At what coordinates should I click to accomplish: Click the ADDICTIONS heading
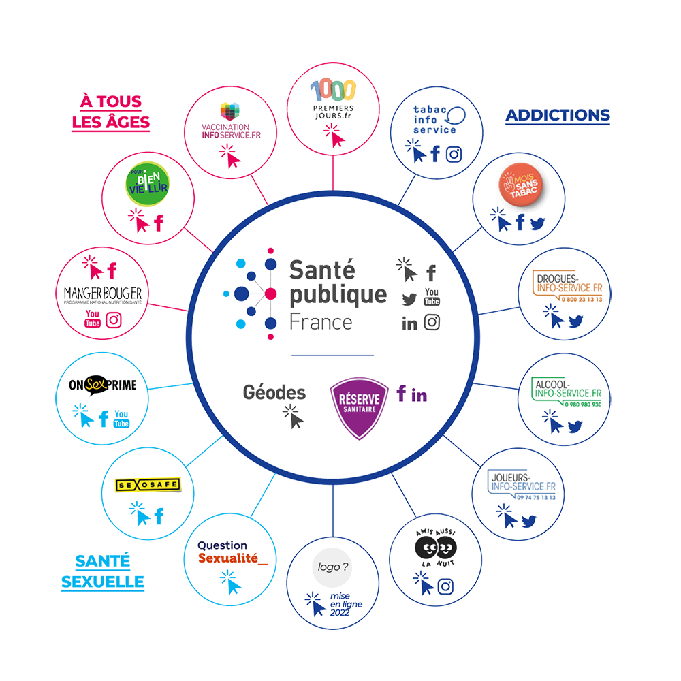click(557, 115)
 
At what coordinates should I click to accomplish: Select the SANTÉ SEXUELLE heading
click(103, 571)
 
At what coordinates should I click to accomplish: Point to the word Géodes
click(274, 393)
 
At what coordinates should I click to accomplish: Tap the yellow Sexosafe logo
click(148, 485)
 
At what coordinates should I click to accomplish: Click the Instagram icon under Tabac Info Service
click(454, 154)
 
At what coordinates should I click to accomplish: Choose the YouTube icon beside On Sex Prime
click(122, 419)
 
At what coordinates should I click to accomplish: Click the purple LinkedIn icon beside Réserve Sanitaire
click(420, 395)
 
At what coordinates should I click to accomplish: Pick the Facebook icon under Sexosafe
click(159, 516)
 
